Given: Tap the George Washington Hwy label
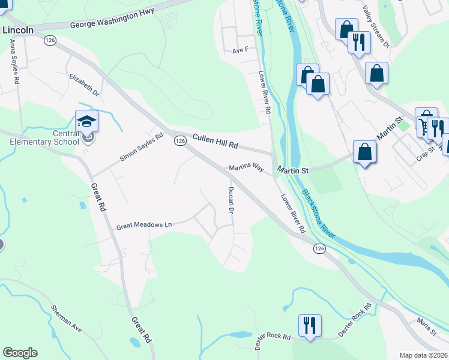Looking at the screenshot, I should click(x=112, y=19).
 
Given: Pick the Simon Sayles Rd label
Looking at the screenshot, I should click(x=142, y=147).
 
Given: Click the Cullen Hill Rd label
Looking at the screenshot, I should click(x=215, y=142).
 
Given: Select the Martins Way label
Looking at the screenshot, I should click(x=246, y=169).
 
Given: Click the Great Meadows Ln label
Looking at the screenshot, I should click(x=144, y=225).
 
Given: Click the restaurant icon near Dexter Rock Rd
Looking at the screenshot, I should click(x=310, y=326).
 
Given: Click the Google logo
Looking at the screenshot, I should click(x=20, y=353).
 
